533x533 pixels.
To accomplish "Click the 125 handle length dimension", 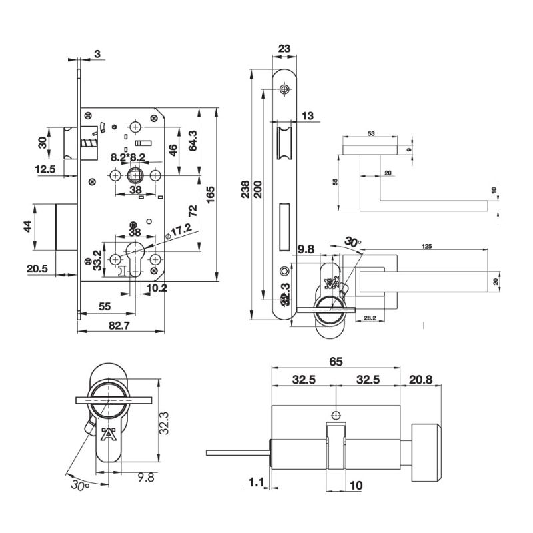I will tap(428, 247).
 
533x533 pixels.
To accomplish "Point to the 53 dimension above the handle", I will tap(370, 134).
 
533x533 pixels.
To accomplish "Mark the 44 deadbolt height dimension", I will tap(28, 227).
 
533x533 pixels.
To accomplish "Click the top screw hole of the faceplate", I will tap(285, 89).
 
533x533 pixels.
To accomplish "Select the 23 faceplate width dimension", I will tap(284, 48).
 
